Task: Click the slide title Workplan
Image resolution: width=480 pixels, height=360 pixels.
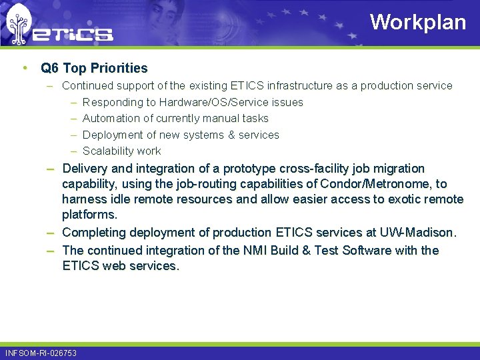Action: (x=418, y=22)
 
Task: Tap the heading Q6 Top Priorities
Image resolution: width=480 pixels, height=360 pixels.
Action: (x=94, y=68)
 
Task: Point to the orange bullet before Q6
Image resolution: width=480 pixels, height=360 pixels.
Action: (x=25, y=68)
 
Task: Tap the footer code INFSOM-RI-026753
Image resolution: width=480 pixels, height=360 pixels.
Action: (x=41, y=353)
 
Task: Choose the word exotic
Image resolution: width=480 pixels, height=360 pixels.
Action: (x=403, y=199)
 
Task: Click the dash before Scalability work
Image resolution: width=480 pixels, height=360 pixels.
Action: (x=72, y=151)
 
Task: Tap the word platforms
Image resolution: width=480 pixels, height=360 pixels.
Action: (x=88, y=215)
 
